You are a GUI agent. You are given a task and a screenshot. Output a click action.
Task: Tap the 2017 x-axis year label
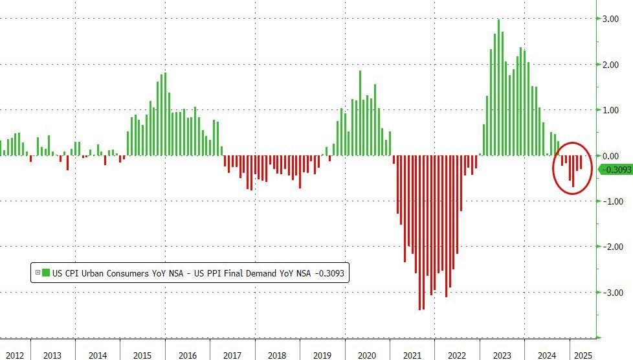(232, 355)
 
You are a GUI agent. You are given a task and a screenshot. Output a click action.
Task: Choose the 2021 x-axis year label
(412, 355)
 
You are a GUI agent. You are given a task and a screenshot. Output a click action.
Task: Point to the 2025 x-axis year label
(581, 355)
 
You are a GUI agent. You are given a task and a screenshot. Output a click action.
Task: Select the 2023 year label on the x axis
(502, 355)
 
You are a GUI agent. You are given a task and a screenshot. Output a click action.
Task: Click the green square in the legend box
(45, 273)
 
